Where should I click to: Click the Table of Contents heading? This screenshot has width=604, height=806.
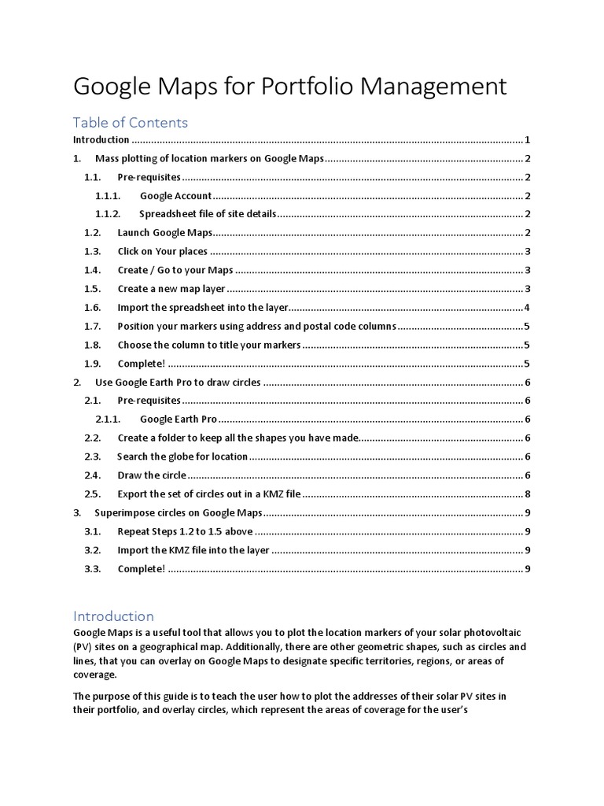coord(131,122)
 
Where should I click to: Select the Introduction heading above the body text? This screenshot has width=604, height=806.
coord(113,616)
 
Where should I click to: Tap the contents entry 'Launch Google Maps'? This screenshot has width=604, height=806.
coord(165,232)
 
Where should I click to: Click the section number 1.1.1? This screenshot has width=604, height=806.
coord(107,195)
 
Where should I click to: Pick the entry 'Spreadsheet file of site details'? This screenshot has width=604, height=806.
coord(208,214)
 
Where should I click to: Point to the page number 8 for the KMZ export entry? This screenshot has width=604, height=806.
coord(526,494)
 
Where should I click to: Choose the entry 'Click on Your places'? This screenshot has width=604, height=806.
coord(163,251)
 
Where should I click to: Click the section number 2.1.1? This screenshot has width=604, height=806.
coord(108,419)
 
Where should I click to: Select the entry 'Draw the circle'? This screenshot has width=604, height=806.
coord(152,475)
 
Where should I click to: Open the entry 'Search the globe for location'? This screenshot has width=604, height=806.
coord(182,457)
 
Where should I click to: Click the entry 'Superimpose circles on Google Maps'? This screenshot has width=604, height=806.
coord(179,512)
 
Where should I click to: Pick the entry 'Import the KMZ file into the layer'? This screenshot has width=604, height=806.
coord(193,550)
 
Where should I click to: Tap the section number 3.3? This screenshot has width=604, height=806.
coord(93,569)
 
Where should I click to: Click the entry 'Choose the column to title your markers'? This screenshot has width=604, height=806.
coord(209,345)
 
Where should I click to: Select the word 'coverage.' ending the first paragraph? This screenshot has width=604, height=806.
coord(94,675)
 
